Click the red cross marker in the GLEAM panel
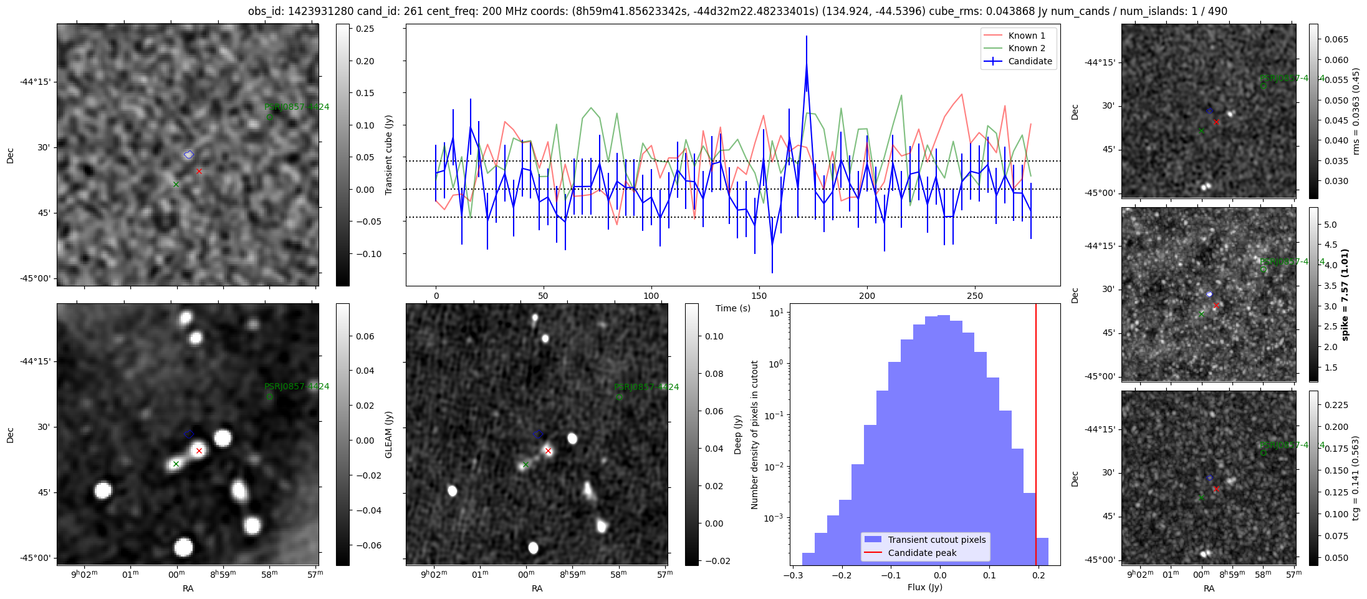199,450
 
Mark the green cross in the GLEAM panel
176,464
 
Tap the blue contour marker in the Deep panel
538,434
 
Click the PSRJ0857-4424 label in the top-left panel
297,107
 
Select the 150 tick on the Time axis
759,296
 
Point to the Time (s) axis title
732,308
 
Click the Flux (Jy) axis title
925,587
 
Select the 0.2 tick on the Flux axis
1038,575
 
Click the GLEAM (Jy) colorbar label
388,434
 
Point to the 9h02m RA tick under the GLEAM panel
84,575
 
